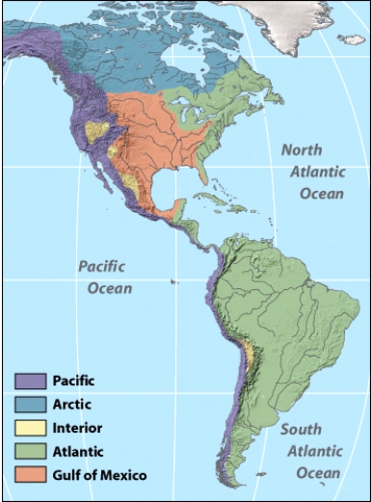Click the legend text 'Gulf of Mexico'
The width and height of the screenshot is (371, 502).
point(100,472)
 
